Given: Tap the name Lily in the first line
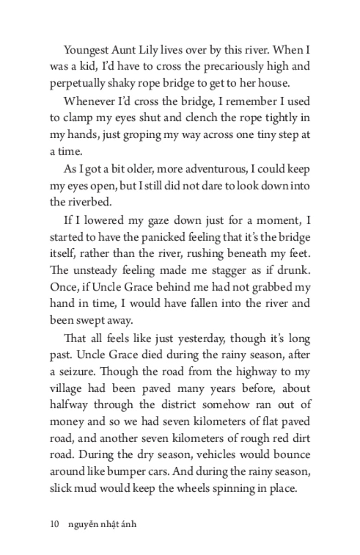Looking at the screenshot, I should point(153,49).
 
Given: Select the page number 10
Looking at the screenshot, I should point(55,524).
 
